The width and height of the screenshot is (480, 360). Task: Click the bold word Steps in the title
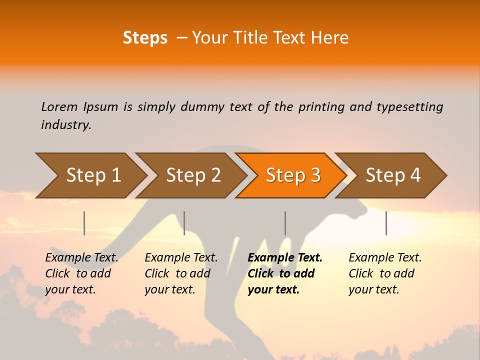(x=145, y=37)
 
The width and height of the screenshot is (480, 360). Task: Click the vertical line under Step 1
(x=84, y=223)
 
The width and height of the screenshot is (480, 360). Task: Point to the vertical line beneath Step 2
(x=184, y=223)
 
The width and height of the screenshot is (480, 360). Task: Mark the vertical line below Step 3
(x=285, y=223)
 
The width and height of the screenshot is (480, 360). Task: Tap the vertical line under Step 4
(x=386, y=223)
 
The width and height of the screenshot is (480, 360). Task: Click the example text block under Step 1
(x=81, y=273)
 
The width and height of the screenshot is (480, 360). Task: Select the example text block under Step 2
(x=181, y=273)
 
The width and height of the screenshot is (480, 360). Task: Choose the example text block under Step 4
(x=385, y=273)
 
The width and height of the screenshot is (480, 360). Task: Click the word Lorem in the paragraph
(x=59, y=106)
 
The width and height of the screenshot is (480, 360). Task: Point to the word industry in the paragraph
(x=66, y=124)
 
